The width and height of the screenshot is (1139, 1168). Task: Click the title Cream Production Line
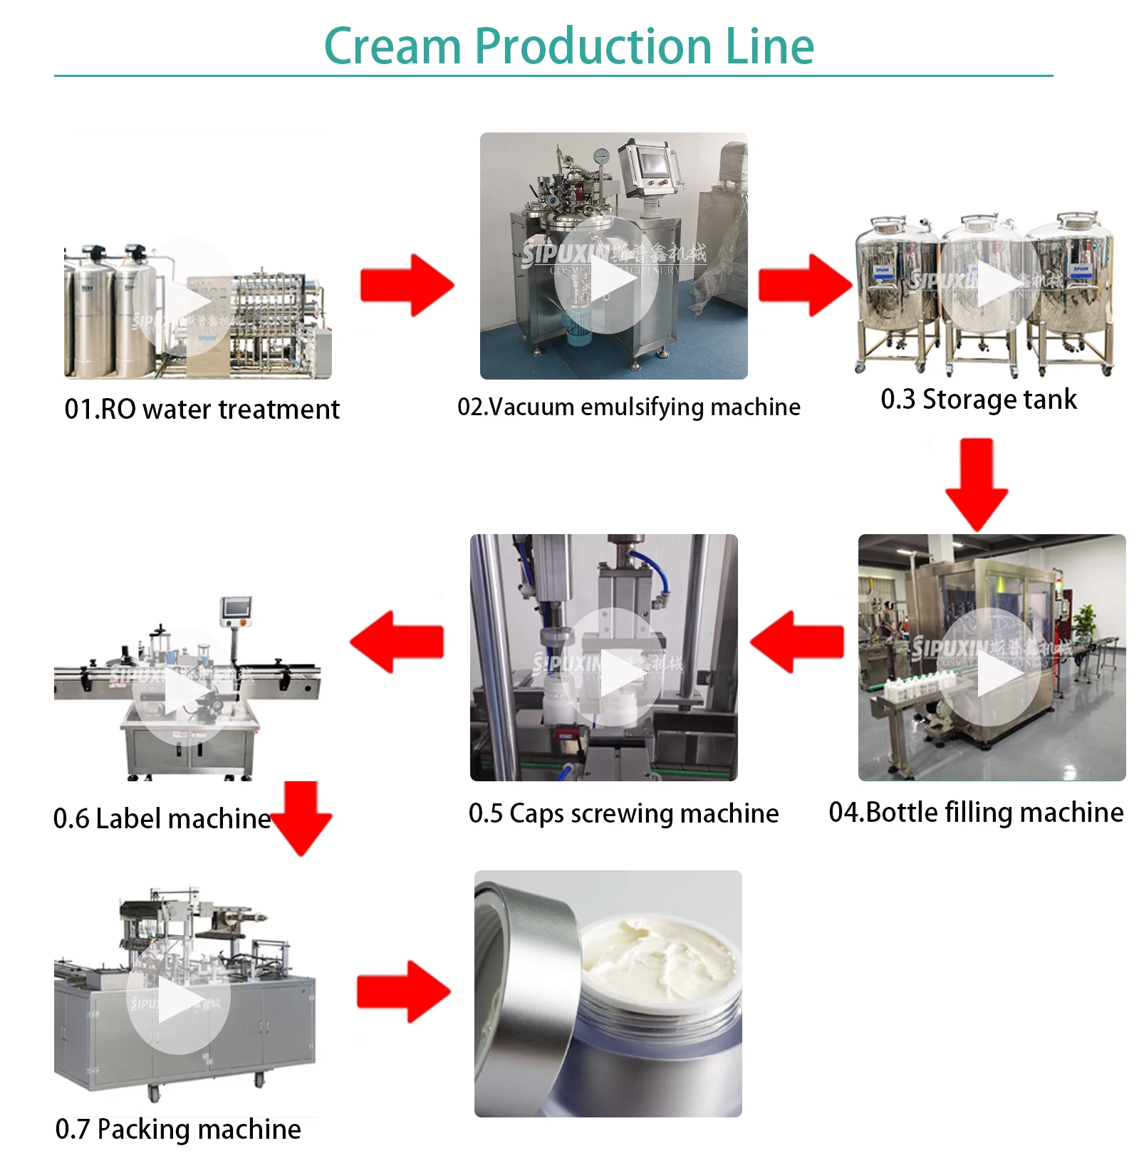568,46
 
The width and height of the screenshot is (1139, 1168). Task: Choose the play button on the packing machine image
177,1001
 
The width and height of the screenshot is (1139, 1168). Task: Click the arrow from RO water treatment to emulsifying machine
407,286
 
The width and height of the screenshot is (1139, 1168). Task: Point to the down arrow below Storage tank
977,484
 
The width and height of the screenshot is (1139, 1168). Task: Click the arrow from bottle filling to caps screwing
797,642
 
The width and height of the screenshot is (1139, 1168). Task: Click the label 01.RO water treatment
202,410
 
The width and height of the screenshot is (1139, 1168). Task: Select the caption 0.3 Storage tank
979,400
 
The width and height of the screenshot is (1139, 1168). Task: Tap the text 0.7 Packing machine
178,1130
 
